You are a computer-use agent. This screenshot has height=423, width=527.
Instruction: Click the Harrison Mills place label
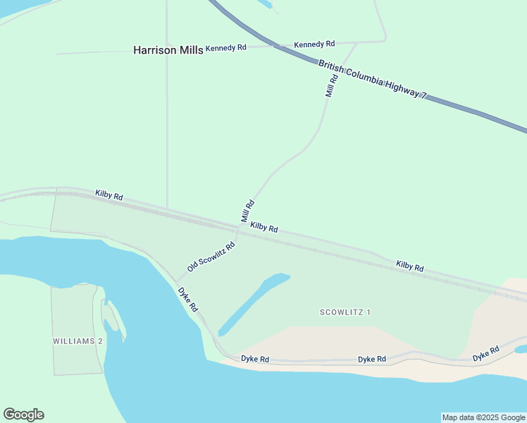coord(168,50)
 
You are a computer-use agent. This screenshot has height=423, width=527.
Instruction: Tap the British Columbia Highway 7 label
coord(373,79)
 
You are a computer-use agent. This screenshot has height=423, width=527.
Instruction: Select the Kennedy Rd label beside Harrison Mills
coord(226,48)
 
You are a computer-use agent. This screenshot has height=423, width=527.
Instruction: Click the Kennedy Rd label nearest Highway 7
coord(314,44)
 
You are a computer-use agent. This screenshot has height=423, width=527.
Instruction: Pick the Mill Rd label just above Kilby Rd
coord(247,211)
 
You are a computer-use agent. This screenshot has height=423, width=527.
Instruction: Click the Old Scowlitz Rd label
coord(211,258)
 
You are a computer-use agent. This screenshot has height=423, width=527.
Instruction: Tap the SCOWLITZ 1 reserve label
coord(345,312)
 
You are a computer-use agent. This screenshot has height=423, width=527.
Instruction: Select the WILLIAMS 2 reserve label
coord(77,341)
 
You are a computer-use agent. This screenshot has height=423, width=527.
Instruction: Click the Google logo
coord(23,415)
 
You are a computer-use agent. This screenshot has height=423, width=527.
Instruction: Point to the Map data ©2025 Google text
coord(483,417)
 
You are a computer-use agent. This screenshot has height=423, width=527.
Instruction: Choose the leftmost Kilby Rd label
coord(109,195)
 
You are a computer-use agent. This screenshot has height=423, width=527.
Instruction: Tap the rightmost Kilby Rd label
coord(409,266)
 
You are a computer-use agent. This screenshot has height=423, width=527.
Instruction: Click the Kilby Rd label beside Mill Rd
coord(263,228)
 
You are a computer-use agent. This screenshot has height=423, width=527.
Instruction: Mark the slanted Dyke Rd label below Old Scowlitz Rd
coord(188,299)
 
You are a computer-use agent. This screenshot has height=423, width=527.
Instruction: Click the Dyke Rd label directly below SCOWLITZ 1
coord(372,360)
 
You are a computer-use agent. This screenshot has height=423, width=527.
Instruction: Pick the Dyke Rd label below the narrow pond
coord(255,359)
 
